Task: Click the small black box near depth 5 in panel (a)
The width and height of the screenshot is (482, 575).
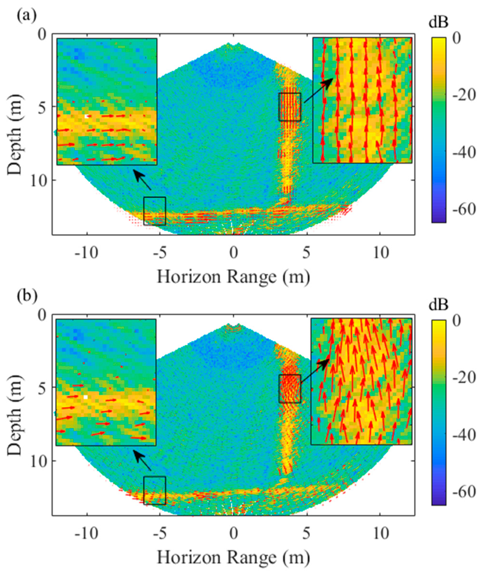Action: pyautogui.click(x=289, y=107)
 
